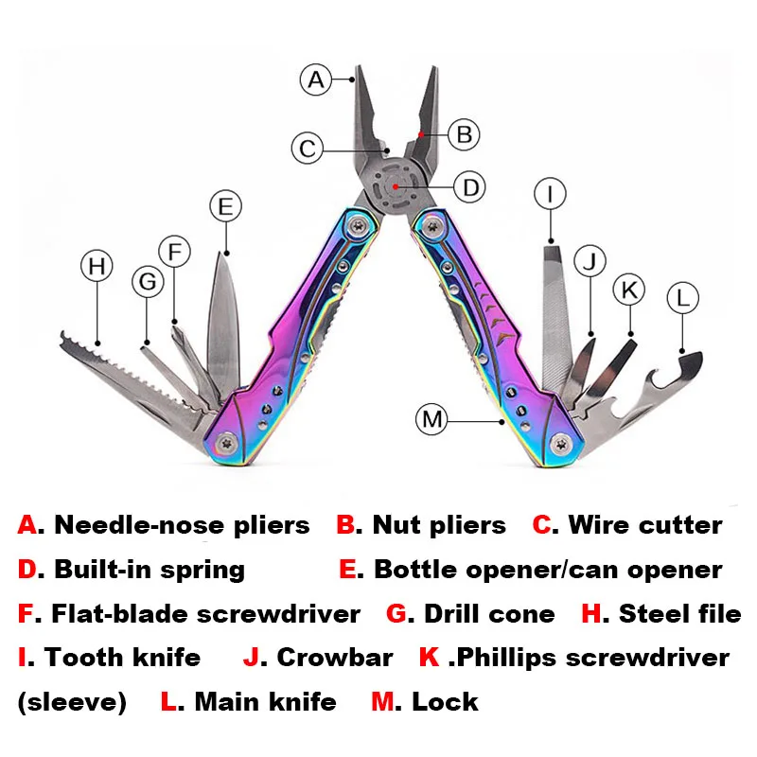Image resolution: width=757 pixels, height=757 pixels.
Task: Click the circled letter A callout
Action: coord(317,79)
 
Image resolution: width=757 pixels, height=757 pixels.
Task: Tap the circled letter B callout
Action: coord(463,134)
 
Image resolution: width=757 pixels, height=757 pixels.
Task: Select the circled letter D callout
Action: coord(469,186)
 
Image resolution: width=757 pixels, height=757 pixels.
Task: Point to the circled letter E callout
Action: coord(224,205)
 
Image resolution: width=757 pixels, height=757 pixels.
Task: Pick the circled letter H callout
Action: coord(96,266)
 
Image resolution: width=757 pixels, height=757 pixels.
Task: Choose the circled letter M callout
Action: coord(432,418)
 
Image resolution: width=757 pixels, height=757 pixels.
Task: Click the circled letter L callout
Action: coord(682,298)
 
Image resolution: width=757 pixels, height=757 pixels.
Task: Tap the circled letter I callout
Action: coord(550,194)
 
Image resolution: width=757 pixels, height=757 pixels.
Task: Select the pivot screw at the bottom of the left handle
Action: coord(227,442)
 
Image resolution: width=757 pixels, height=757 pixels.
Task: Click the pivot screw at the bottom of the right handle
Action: coord(562,442)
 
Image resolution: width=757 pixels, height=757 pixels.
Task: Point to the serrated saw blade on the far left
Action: coord(123,378)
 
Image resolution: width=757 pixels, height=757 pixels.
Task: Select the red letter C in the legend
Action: coord(542,525)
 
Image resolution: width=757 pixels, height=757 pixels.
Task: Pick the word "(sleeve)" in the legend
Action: coord(72,702)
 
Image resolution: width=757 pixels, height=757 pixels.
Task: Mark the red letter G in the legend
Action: coord(397,614)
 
